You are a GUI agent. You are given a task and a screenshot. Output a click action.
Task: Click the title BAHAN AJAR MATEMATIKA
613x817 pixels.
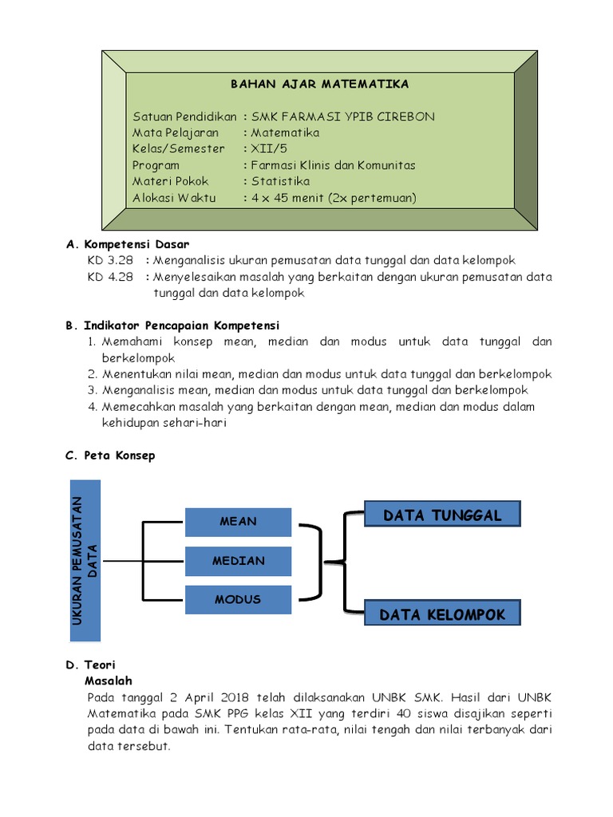point(319,84)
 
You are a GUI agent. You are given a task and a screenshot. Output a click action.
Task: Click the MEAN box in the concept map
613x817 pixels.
point(238,522)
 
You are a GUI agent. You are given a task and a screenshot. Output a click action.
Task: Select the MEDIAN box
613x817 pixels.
point(238,561)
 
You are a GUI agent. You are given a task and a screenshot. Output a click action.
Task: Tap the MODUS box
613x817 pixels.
point(238,600)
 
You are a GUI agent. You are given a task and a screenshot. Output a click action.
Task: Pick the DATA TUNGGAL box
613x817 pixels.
point(442,515)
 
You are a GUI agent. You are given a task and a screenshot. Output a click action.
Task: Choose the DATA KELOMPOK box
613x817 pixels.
point(442,615)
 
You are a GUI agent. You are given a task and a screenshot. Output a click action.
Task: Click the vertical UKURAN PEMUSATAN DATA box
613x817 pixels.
point(85,560)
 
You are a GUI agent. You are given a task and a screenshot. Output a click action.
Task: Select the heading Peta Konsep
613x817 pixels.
point(120,456)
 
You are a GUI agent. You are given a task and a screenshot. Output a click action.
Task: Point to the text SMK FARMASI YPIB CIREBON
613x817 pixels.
point(343,116)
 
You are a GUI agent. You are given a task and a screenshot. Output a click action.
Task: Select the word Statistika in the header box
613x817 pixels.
point(280,182)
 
